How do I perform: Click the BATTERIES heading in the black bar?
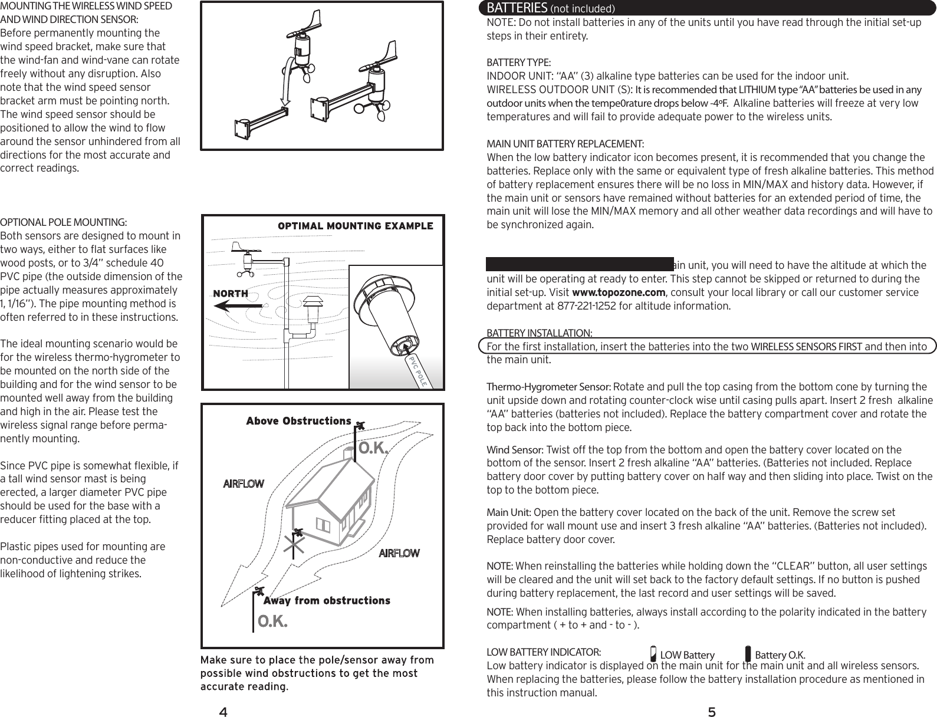[548, 8]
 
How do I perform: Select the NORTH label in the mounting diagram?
[230, 293]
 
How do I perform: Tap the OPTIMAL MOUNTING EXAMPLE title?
[355, 226]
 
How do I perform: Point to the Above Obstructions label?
[298, 421]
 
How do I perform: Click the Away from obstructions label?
[327, 601]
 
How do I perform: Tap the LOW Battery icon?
[653, 654]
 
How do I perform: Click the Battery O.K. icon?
[748, 654]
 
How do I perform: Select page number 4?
[223, 712]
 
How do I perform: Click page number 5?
[712, 712]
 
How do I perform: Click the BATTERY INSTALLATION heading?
[539, 333]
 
